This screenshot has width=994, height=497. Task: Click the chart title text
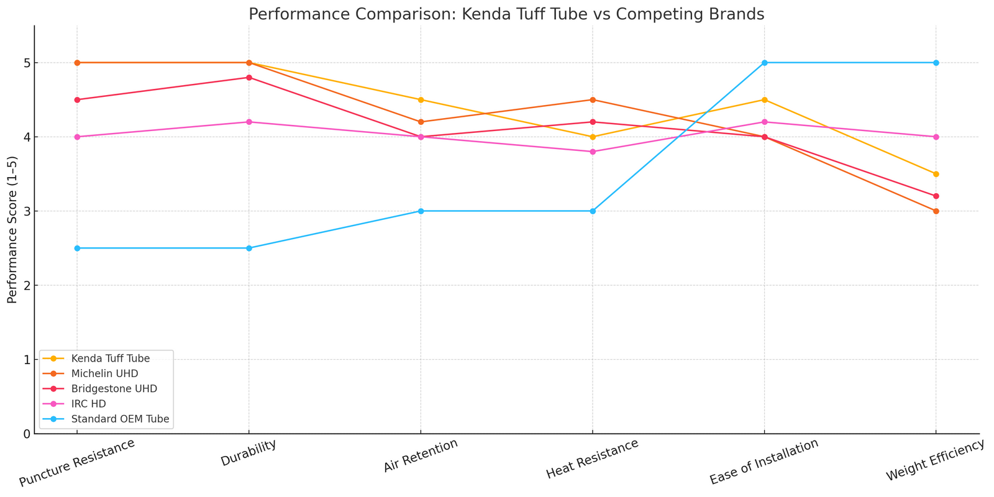tap(506, 14)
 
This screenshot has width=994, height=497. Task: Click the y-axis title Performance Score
tap(12, 229)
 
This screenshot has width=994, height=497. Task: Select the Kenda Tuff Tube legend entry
tap(110, 358)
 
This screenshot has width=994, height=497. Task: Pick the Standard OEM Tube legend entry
tap(120, 419)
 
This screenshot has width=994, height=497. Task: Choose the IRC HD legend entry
tap(89, 404)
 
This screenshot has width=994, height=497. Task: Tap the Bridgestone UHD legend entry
tap(114, 389)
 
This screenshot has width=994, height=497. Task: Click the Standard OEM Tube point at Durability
tap(249, 248)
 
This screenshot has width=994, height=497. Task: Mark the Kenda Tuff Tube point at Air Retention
tap(421, 99)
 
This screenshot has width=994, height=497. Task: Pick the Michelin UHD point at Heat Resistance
tap(593, 99)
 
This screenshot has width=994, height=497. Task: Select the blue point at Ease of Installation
tap(765, 63)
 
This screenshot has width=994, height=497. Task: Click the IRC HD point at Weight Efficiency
tap(936, 137)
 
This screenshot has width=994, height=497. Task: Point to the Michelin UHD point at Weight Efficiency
tap(936, 211)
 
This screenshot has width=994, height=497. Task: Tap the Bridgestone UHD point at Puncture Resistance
tap(77, 99)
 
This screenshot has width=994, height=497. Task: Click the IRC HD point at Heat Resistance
tap(593, 152)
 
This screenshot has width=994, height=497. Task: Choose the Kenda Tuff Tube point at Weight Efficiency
tap(936, 174)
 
